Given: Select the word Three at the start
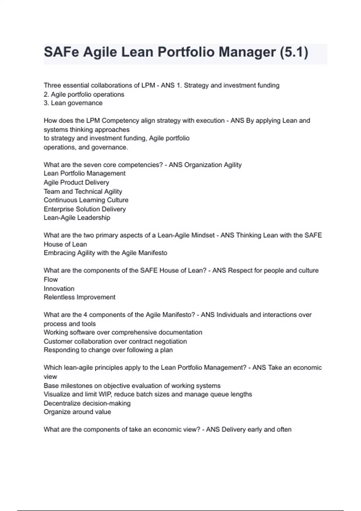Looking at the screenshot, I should click(x=52, y=85).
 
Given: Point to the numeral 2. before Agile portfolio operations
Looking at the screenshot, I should click(x=46, y=94).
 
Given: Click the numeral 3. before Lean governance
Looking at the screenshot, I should click(x=46, y=103).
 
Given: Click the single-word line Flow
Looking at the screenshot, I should click(x=51, y=280).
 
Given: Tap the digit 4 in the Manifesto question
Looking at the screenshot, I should click(x=85, y=315).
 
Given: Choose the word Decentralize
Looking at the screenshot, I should click(x=62, y=403).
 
